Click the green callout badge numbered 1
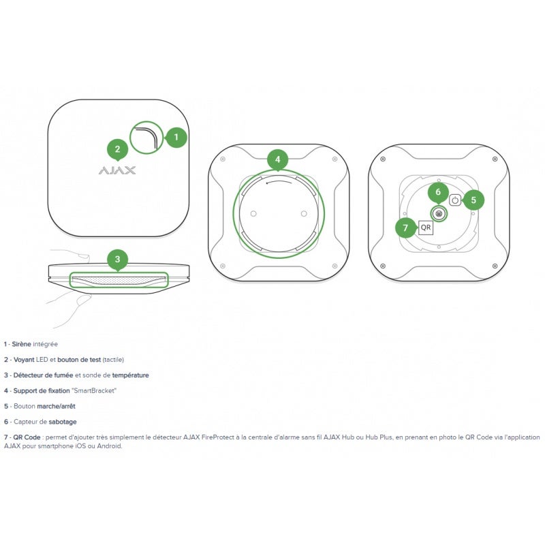click(x=176, y=138)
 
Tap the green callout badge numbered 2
click(x=117, y=149)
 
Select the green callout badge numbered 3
click(x=117, y=260)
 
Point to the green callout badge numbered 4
click(x=277, y=160)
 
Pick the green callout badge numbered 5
click(x=473, y=200)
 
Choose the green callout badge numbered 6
click(x=438, y=192)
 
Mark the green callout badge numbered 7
click(x=405, y=228)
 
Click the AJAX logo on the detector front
click(x=117, y=170)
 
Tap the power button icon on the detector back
click(x=455, y=200)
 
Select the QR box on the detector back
click(x=425, y=228)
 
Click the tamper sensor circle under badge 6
click(x=439, y=213)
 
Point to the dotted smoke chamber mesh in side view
click(x=117, y=281)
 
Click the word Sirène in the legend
click(x=21, y=344)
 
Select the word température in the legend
click(x=130, y=375)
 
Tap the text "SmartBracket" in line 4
click(x=94, y=390)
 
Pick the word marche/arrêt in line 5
click(x=56, y=406)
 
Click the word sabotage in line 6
click(x=63, y=422)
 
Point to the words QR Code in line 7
click(x=27, y=437)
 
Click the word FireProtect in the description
click(x=217, y=437)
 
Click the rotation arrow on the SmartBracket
click(x=279, y=182)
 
